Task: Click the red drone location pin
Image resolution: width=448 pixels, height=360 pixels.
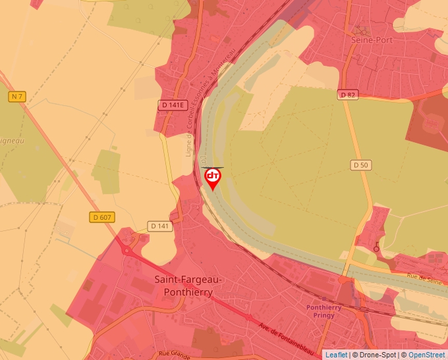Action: tap(213, 178)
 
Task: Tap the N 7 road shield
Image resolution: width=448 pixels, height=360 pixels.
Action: tap(16, 97)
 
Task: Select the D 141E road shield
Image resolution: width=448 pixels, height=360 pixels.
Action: tap(174, 105)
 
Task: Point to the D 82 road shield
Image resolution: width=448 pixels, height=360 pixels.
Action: tap(348, 95)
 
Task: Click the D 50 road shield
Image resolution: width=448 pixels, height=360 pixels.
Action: tap(360, 165)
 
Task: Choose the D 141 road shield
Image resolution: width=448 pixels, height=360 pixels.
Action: tap(160, 226)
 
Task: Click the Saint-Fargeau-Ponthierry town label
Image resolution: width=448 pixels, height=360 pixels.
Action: tap(189, 285)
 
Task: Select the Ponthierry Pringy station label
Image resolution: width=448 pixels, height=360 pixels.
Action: tap(320, 311)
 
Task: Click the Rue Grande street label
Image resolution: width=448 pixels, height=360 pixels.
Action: tap(175, 353)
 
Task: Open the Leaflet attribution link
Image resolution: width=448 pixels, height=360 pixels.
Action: tap(336, 355)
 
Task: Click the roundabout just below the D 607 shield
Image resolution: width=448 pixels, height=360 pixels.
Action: tap(127, 250)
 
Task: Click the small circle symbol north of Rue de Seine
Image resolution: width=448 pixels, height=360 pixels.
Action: tap(376, 248)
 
